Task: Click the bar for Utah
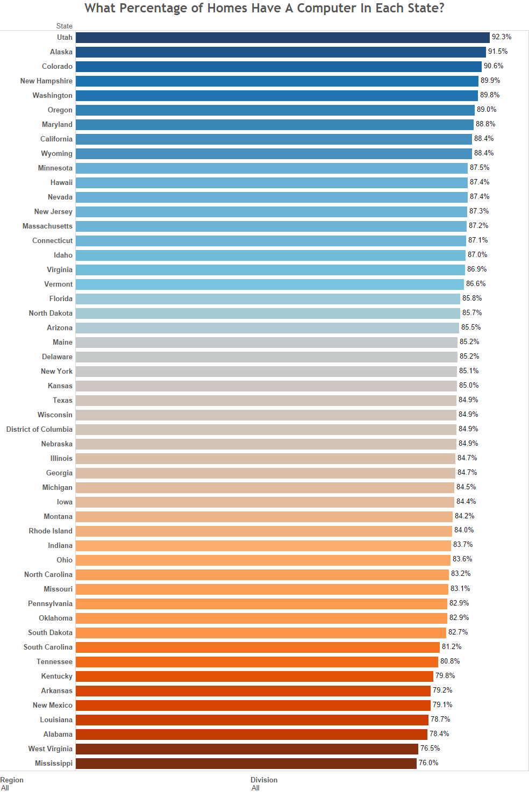[282, 38]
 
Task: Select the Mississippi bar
[246, 763]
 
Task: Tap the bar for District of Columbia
[266, 429]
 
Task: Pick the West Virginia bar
[247, 749]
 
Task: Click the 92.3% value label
[502, 37]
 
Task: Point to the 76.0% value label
[428, 763]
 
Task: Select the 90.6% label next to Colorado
[494, 66]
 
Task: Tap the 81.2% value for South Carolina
[452, 646]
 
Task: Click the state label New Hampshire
[46, 81]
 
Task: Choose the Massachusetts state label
[47, 226]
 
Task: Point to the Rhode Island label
[51, 531]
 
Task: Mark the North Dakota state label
[51, 313]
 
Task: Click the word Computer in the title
[326, 8]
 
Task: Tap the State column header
[64, 26]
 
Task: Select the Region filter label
[12, 780]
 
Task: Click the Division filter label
[264, 780]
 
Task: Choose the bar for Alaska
[281, 52]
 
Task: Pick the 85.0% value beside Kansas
[469, 386]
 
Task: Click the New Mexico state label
[52, 705]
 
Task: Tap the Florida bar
[268, 298]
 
